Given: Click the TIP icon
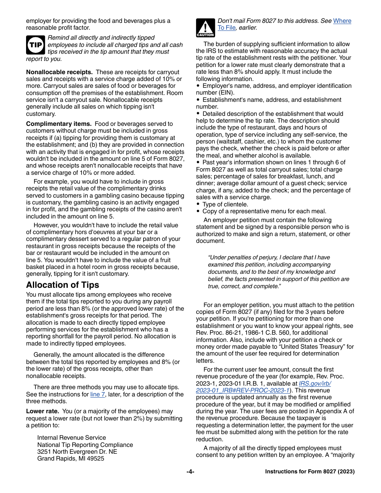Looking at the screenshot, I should [x=35, y=45].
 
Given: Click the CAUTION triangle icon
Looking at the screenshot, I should [x=205, y=28].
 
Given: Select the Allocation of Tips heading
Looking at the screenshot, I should [x=63, y=285].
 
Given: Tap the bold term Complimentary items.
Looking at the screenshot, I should [x=59, y=124].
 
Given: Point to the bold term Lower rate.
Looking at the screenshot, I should [x=43, y=411].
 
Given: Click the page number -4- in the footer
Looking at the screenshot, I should [x=190, y=472].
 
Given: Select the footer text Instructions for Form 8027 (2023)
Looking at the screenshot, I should [x=310, y=472].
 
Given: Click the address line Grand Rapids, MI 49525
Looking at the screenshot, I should [x=71, y=459].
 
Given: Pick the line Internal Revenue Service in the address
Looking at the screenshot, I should [x=71, y=438].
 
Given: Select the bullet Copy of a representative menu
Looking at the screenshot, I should [x=264, y=211].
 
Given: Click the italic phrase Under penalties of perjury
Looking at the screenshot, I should [x=243, y=258].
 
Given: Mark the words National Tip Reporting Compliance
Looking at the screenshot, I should [x=85, y=445].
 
